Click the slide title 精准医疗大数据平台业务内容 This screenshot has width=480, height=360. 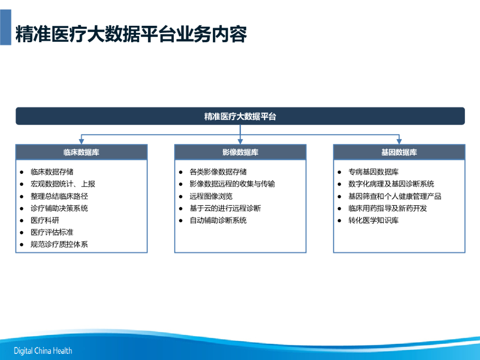click(131, 34)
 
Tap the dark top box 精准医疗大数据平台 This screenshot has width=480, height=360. click(240, 116)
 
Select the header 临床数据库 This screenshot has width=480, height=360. click(82, 152)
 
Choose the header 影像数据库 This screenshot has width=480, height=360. click(240, 152)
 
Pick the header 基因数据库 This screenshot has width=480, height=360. click(399, 152)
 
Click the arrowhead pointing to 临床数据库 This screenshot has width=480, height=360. click(82, 142)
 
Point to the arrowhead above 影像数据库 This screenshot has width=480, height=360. click(240, 142)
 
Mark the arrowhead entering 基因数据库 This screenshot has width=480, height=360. click(399, 142)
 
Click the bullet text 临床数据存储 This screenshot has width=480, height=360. click(52, 172)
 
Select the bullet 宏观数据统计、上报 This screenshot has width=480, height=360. click(63, 184)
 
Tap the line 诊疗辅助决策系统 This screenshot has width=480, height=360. click(59, 208)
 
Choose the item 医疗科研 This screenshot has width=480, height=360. click(45, 220)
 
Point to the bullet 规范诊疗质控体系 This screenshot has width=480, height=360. click(59, 244)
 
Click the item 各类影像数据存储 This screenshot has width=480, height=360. click(218, 172)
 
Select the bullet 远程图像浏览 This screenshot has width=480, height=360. click(211, 196)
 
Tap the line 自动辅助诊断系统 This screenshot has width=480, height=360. click(218, 220)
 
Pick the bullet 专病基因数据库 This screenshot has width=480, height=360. click(374, 172)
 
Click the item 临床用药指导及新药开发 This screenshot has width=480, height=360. click(388, 208)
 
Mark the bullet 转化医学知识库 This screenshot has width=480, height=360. click(374, 220)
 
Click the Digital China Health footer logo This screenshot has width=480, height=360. click(43, 351)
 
